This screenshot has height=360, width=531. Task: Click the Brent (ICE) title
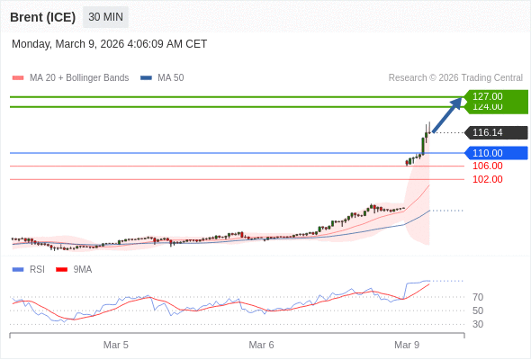pos(43,17)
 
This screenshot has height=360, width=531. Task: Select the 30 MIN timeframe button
pos(105,17)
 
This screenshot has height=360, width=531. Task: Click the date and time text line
pos(110,43)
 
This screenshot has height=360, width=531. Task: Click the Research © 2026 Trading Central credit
pos(455,77)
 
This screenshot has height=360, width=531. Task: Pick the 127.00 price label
pos(487,96)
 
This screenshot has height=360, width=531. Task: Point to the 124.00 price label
pos(487,107)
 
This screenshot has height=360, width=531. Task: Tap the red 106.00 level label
pos(487,166)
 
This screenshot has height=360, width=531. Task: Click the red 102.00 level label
pos(487,179)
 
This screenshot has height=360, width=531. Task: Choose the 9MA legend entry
pos(82,269)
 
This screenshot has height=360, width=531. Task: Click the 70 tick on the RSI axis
pos(478,297)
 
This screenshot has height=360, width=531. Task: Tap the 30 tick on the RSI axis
pos(478,324)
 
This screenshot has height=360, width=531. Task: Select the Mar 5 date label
pos(116,345)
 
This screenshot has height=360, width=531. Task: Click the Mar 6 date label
pos(261,345)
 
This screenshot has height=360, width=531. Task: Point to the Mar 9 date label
pos(407,345)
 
